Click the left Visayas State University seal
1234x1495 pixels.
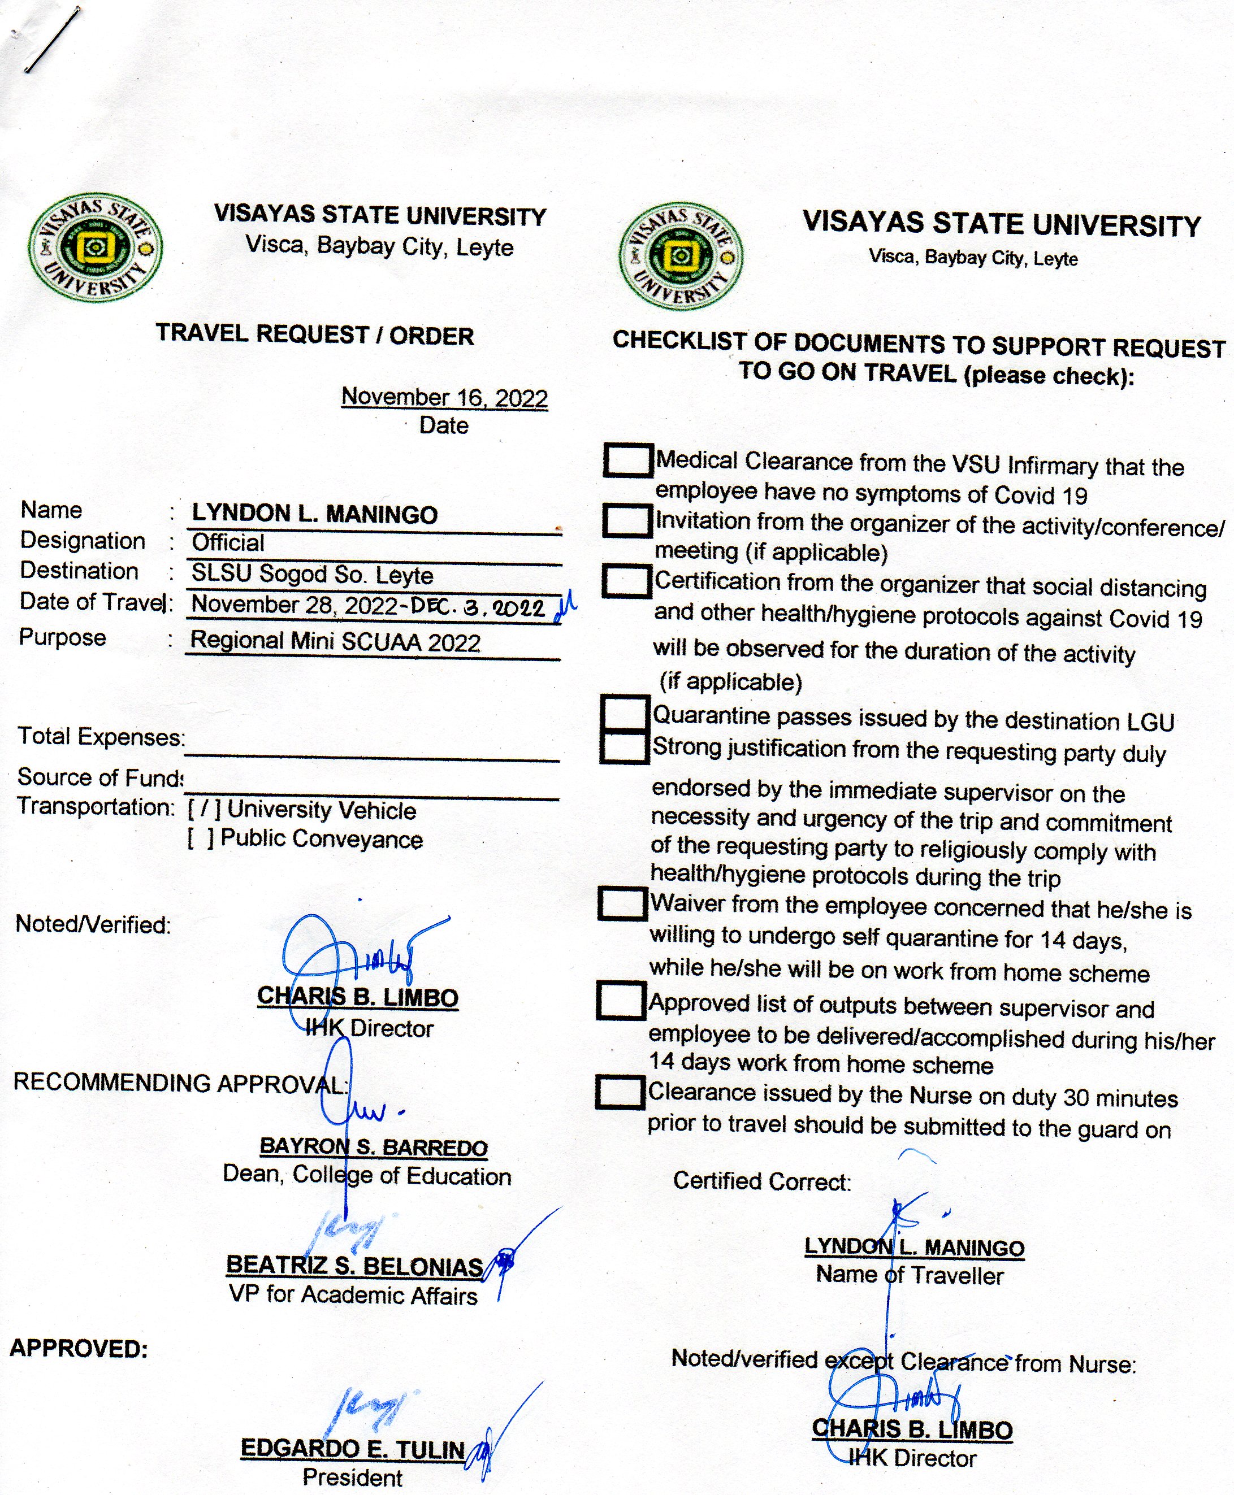(96, 248)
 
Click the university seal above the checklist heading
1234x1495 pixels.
(681, 257)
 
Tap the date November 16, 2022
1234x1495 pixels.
(444, 397)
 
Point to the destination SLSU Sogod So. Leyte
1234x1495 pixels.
(312, 574)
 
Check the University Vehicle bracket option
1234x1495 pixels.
(204, 809)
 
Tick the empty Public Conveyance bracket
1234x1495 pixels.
(201, 839)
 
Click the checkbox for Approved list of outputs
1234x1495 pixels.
(621, 1001)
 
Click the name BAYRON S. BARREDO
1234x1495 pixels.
(373, 1148)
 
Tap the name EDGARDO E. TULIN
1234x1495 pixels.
(353, 1448)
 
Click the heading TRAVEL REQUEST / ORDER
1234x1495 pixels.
(315, 334)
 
